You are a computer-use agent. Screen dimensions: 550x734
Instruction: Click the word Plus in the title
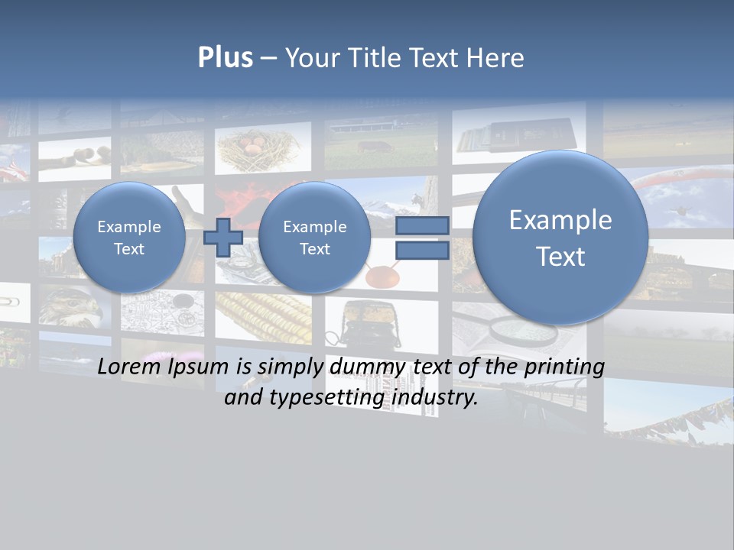(225, 58)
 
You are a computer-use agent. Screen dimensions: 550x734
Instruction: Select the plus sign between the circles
(223, 237)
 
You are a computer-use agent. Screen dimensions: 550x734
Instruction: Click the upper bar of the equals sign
(421, 225)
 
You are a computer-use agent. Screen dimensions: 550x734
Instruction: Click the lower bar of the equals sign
(421, 251)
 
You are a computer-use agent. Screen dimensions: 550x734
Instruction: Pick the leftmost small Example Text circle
(129, 238)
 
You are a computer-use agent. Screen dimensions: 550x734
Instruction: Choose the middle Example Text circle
(314, 238)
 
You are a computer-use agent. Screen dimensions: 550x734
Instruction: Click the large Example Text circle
(560, 238)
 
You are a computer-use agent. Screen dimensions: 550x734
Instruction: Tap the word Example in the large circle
(560, 220)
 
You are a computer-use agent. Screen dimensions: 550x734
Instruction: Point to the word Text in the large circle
(560, 257)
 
